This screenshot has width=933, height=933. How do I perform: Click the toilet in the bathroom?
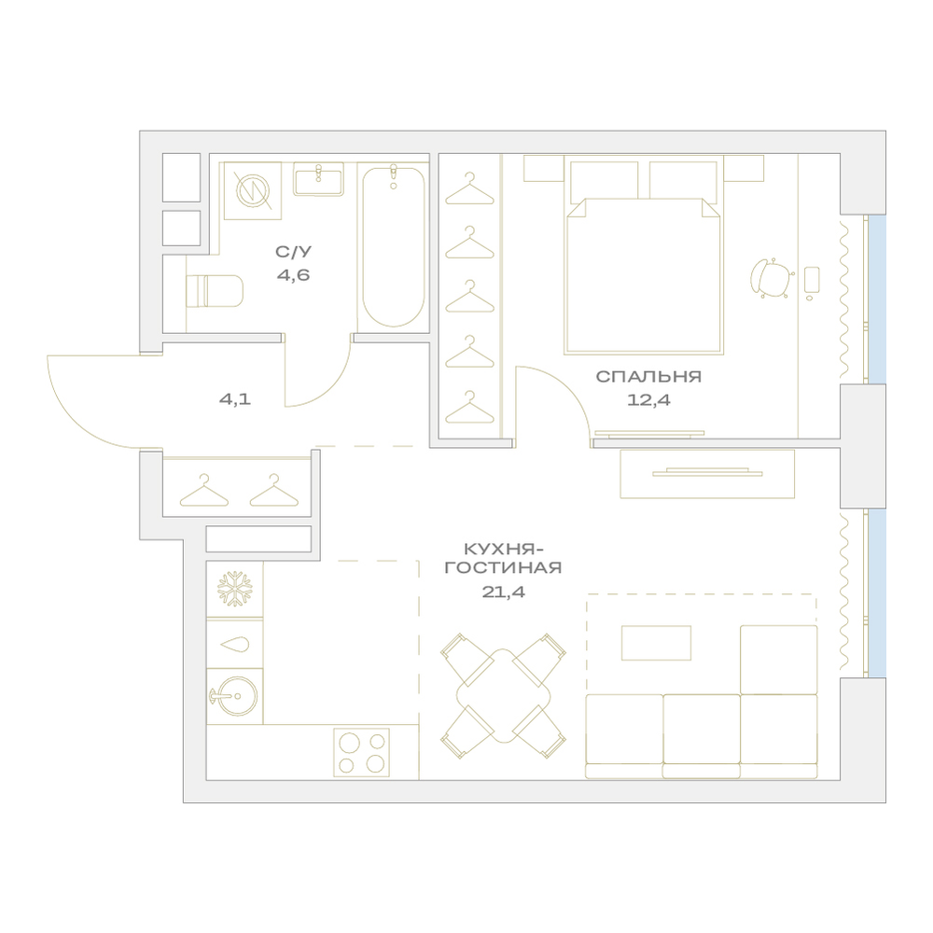click(x=215, y=290)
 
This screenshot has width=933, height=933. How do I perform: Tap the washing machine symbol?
click(x=252, y=190)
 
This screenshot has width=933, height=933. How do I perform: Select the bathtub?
click(x=394, y=246)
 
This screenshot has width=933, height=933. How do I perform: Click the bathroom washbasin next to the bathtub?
click(x=318, y=179)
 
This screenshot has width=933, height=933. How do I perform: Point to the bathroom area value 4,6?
click(x=293, y=275)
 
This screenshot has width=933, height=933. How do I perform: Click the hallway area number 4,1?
click(x=235, y=398)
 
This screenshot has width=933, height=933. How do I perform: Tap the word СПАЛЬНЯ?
click(x=648, y=376)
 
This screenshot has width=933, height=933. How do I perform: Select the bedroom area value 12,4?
click(x=648, y=400)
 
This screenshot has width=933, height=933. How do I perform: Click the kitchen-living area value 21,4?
click(x=504, y=592)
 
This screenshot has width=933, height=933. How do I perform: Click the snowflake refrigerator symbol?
click(x=234, y=589)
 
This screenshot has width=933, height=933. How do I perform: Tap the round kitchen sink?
click(x=234, y=696)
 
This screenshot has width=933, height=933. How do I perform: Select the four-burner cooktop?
click(x=361, y=752)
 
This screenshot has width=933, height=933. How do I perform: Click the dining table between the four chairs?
click(x=504, y=696)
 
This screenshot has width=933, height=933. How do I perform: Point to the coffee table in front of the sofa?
click(x=656, y=643)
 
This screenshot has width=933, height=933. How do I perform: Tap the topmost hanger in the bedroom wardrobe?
click(x=470, y=188)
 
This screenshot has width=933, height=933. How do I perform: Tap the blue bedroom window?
click(x=877, y=299)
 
